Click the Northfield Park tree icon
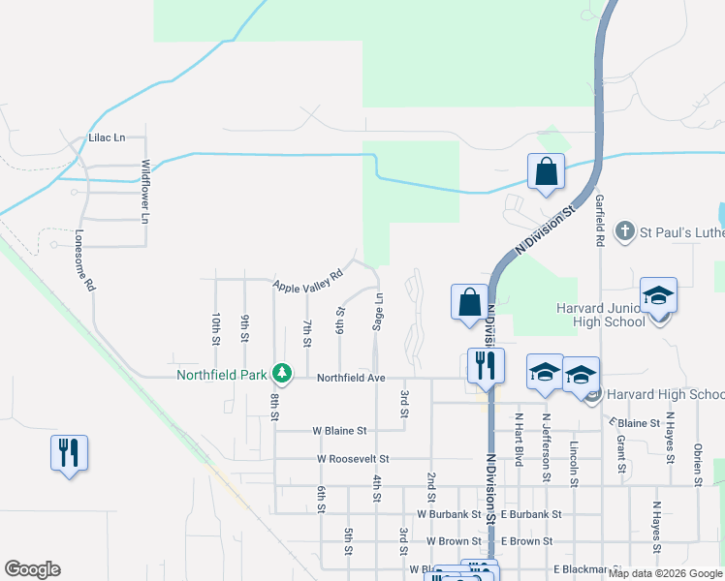282,373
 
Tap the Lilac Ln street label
108,138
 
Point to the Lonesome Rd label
84,261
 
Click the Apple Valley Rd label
308,281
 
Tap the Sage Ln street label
379,312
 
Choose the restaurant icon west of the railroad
69,453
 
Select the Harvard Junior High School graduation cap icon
658,296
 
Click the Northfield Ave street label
351,377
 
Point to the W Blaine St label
339,430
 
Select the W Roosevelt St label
353,458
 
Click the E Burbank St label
531,514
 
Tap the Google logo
31,569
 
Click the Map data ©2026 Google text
665,573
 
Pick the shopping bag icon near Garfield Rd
546,171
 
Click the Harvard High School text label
665,394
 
